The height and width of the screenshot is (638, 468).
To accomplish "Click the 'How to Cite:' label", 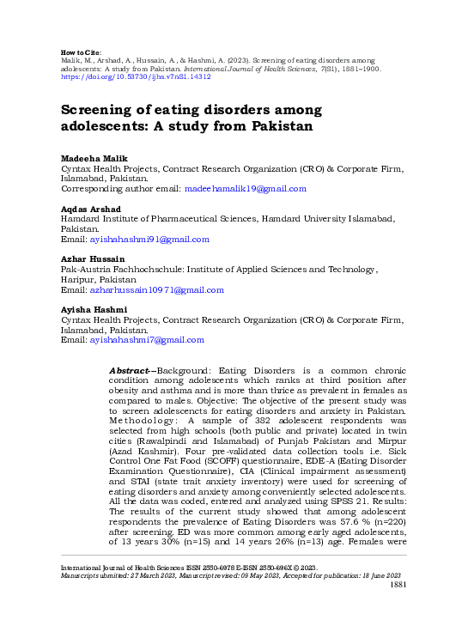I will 84,52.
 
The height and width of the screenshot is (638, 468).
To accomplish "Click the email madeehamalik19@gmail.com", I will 243,189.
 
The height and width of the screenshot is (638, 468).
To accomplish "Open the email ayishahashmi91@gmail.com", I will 149,239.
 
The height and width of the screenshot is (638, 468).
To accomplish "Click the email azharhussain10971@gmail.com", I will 156,289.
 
